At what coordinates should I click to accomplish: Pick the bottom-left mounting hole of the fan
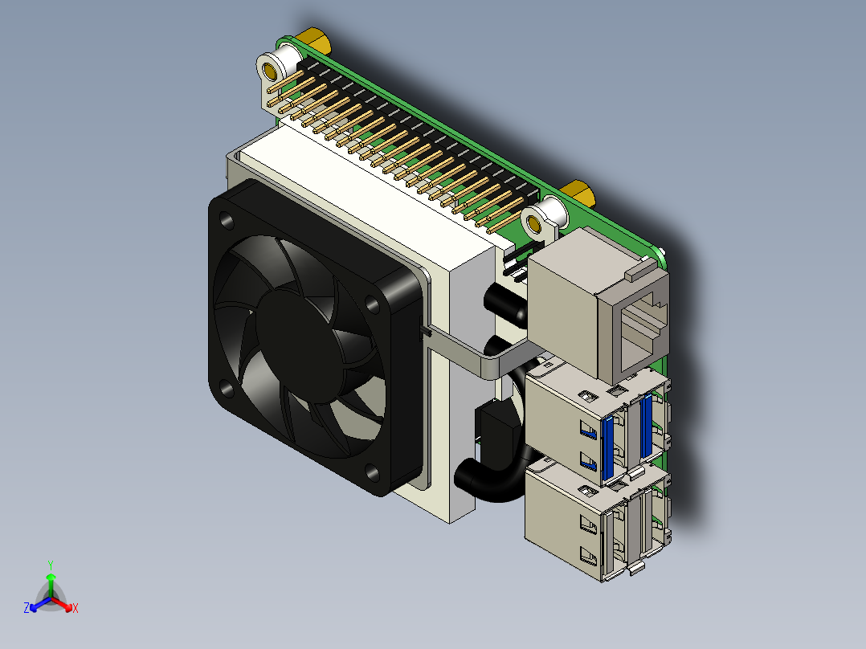click(x=227, y=389)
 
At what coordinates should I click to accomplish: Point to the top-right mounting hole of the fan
click(x=374, y=304)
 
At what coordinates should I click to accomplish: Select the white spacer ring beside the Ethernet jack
click(x=543, y=218)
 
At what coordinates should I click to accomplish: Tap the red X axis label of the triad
click(x=75, y=609)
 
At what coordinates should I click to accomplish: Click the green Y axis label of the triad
click(x=51, y=565)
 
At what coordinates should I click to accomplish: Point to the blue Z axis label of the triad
click(x=27, y=609)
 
